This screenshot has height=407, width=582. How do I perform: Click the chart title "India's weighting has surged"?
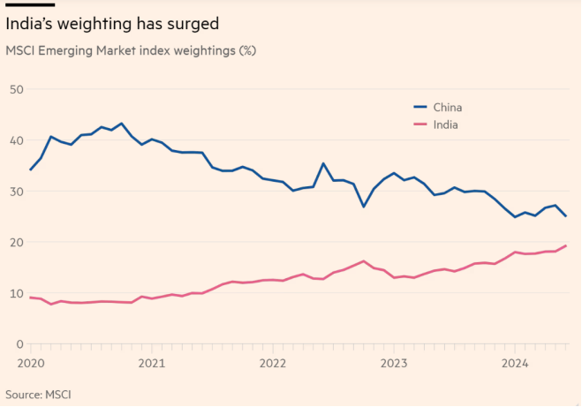(113, 22)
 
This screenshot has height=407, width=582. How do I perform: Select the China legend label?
(448, 108)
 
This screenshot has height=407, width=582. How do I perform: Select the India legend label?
(445, 124)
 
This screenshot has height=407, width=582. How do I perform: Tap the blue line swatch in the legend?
(421, 108)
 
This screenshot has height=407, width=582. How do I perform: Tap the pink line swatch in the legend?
(421, 124)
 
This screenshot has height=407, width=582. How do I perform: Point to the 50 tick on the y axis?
(15, 89)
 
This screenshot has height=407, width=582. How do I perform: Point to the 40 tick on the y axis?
(15, 140)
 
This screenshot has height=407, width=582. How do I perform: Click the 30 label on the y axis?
(15, 192)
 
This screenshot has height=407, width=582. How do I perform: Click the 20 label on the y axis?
(15, 242)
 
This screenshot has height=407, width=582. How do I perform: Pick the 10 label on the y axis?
(15, 293)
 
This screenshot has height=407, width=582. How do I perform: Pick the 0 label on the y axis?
(19, 344)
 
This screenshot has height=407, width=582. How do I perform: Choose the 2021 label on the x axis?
(151, 363)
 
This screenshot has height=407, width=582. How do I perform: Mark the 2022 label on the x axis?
(272, 363)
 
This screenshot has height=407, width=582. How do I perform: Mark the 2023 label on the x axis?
(393, 363)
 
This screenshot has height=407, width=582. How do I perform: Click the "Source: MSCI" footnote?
(41, 394)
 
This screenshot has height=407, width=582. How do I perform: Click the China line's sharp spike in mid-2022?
(323, 163)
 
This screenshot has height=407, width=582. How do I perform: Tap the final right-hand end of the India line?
(565, 245)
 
